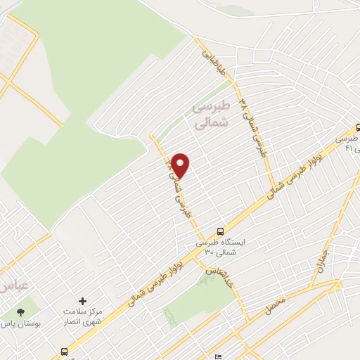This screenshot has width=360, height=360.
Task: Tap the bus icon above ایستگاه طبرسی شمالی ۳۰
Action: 221,231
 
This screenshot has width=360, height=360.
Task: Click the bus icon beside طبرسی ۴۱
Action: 356,129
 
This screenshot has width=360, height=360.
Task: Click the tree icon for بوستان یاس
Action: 20,311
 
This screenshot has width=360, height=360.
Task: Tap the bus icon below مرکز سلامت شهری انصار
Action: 65,351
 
